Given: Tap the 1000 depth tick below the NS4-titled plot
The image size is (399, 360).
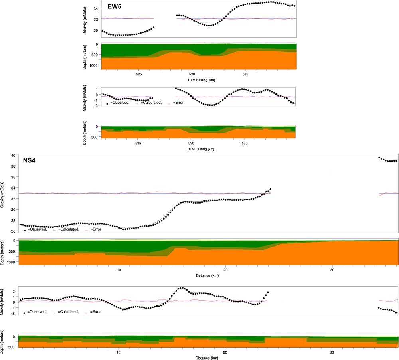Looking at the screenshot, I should click(11, 262).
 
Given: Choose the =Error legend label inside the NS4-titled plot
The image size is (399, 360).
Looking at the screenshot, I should click(97, 229).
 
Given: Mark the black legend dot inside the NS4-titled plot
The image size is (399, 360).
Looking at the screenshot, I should click(25, 230).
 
